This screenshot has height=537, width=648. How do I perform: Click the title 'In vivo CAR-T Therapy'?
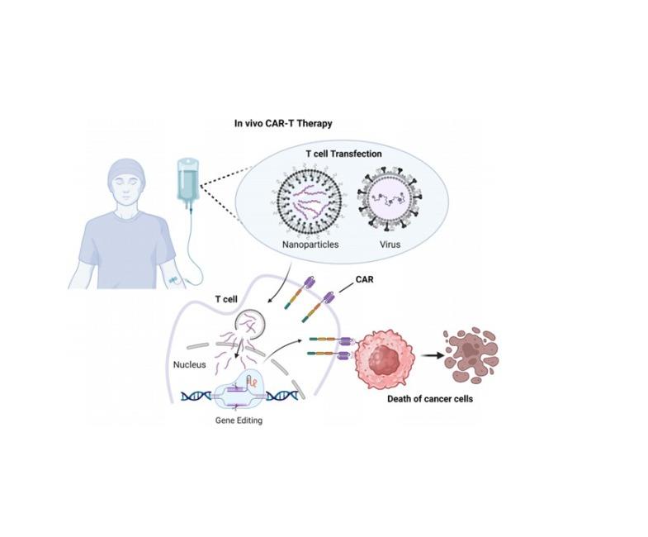[283, 125]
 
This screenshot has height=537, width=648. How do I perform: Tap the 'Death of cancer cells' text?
[430, 400]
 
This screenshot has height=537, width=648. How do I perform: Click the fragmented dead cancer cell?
[471, 356]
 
